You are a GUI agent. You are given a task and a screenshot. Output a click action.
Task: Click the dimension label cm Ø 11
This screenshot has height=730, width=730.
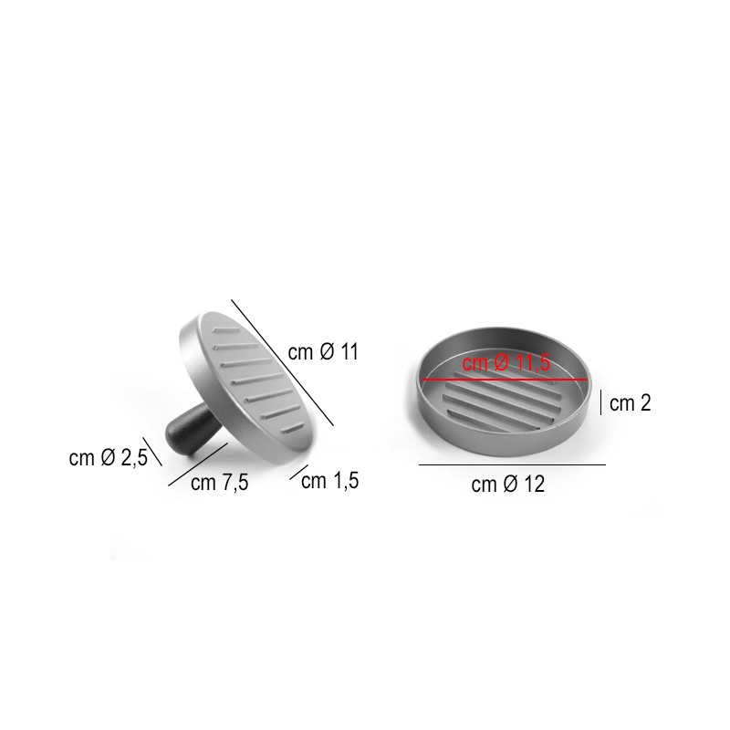pyautogui.click(x=323, y=352)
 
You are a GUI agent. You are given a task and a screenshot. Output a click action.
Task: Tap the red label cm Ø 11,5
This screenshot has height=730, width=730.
pyautogui.click(x=506, y=363)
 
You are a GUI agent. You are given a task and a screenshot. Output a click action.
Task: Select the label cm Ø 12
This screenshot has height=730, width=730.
pyautogui.click(x=508, y=485)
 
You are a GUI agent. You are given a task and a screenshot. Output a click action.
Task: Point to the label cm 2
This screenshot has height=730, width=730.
pyautogui.click(x=630, y=403)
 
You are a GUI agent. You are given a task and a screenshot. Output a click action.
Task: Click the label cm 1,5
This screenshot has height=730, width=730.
pyautogui.click(x=329, y=481)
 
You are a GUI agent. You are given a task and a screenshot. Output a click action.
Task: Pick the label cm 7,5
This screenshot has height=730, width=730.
pyautogui.click(x=219, y=483)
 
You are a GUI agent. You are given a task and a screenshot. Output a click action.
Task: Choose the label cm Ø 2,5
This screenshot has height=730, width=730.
pyautogui.click(x=108, y=458)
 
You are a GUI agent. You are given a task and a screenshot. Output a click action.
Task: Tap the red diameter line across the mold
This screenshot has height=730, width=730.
pyautogui.click(x=505, y=380)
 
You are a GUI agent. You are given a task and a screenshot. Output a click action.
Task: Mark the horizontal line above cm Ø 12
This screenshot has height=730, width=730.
pyautogui.click(x=512, y=464)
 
